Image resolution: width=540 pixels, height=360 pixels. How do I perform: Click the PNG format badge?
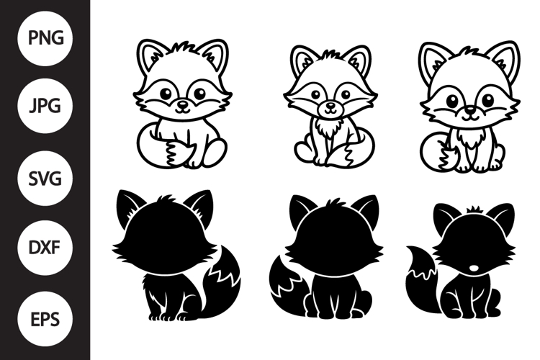[x=45, y=37]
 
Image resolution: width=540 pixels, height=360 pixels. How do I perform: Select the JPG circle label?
[x=45, y=107]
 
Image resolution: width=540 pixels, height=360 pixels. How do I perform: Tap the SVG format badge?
[x=45, y=178]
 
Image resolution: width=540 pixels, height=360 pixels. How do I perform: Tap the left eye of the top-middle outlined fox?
[x=316, y=93]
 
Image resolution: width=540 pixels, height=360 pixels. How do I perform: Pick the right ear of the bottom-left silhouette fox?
[x=199, y=205]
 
